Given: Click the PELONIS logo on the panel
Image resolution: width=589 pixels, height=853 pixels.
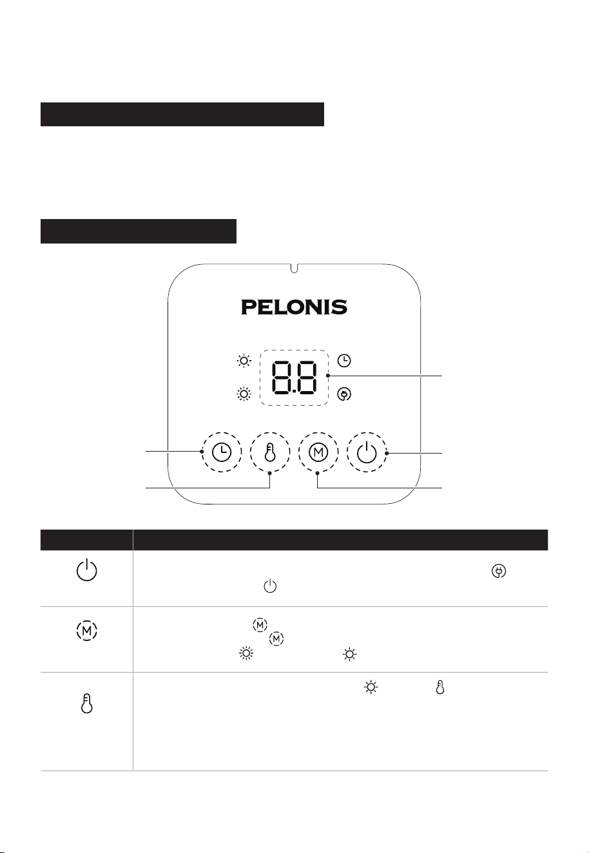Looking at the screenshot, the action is coord(294,307).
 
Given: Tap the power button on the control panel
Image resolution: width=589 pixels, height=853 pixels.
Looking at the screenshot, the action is coord(367,452).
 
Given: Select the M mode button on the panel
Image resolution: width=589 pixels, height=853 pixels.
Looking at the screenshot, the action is coord(318,452).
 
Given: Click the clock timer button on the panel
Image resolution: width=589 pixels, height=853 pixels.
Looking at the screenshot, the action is coord(221,452).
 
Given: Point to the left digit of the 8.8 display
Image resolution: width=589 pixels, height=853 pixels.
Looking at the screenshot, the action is coord(282,377).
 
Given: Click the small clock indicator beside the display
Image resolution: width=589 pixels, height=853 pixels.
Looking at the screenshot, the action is coord(344,361).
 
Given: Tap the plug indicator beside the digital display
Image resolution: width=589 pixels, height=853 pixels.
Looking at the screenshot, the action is coord(344,394).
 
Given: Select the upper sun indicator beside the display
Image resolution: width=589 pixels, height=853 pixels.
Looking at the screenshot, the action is coord(244,360).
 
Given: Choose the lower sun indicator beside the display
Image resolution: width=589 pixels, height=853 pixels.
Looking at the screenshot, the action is coord(244,394).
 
